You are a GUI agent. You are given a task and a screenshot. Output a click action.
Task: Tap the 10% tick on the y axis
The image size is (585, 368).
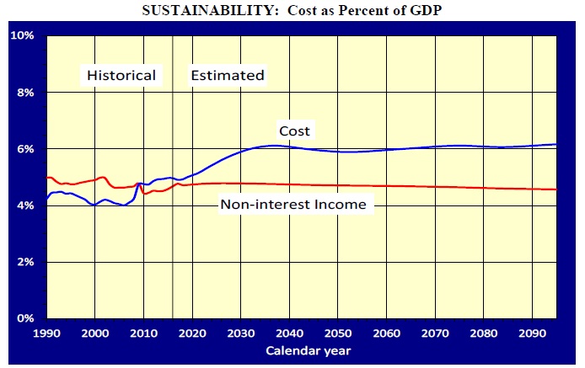[22, 36]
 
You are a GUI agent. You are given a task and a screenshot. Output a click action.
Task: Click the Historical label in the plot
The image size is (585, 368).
[122, 76]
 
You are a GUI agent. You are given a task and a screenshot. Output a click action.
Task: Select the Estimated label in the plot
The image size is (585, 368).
[228, 76]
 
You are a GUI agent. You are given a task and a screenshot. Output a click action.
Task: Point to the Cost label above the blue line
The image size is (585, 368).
[295, 131]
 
